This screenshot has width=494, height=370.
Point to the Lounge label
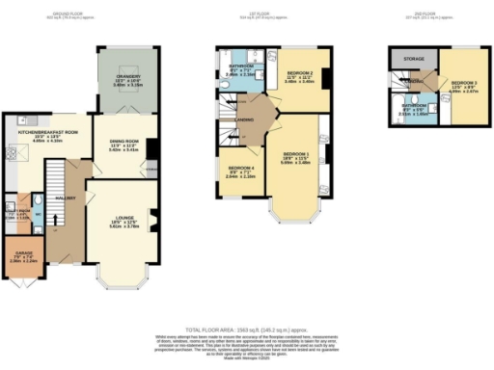pos(122,221)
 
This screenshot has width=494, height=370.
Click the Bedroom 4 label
pos(239,173)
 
